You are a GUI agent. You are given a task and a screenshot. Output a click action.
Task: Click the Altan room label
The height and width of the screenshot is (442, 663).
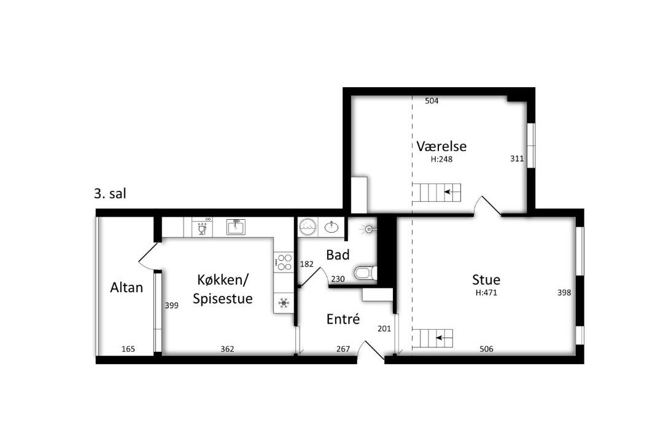click(126, 288)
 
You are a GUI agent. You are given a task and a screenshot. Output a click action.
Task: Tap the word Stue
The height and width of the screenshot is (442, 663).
click(486, 279)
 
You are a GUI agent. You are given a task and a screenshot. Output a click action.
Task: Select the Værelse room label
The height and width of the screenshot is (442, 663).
click(441, 146)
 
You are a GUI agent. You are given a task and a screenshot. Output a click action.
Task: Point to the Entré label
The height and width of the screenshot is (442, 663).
click(343, 319)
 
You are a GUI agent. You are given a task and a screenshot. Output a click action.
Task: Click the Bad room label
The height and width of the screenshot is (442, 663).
click(338, 255)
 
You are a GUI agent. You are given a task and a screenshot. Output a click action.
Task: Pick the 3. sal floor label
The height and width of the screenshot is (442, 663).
click(110, 194)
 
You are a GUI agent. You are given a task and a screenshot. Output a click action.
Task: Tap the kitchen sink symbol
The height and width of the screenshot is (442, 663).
click(236, 227)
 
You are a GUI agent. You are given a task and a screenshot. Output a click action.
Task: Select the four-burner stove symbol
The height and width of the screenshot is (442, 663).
click(284, 262)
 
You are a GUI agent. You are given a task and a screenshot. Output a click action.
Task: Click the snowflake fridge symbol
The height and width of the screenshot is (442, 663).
click(283, 303)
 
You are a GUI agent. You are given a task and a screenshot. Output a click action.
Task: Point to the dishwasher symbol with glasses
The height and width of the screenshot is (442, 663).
click(202, 228)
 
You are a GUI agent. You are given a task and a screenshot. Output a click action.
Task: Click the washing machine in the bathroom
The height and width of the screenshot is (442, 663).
click(307, 227)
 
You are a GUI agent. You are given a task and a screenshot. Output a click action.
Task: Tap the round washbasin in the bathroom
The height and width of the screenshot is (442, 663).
click(331, 228)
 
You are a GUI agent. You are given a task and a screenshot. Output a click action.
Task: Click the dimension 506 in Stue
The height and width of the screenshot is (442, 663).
click(486, 349)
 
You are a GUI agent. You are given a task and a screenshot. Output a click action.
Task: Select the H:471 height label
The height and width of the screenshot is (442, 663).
click(486, 292)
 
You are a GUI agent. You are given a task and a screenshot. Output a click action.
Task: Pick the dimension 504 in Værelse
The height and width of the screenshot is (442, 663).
click(432, 101)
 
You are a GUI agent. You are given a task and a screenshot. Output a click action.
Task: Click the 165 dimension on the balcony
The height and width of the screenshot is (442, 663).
click(128, 349)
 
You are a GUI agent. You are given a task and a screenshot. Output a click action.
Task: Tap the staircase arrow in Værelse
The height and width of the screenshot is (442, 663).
click(452, 192)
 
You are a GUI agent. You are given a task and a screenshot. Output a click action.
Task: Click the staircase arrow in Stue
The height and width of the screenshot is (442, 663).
click(444, 338)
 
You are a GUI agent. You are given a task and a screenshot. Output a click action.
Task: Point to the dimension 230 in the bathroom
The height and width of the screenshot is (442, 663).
click(338, 279)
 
